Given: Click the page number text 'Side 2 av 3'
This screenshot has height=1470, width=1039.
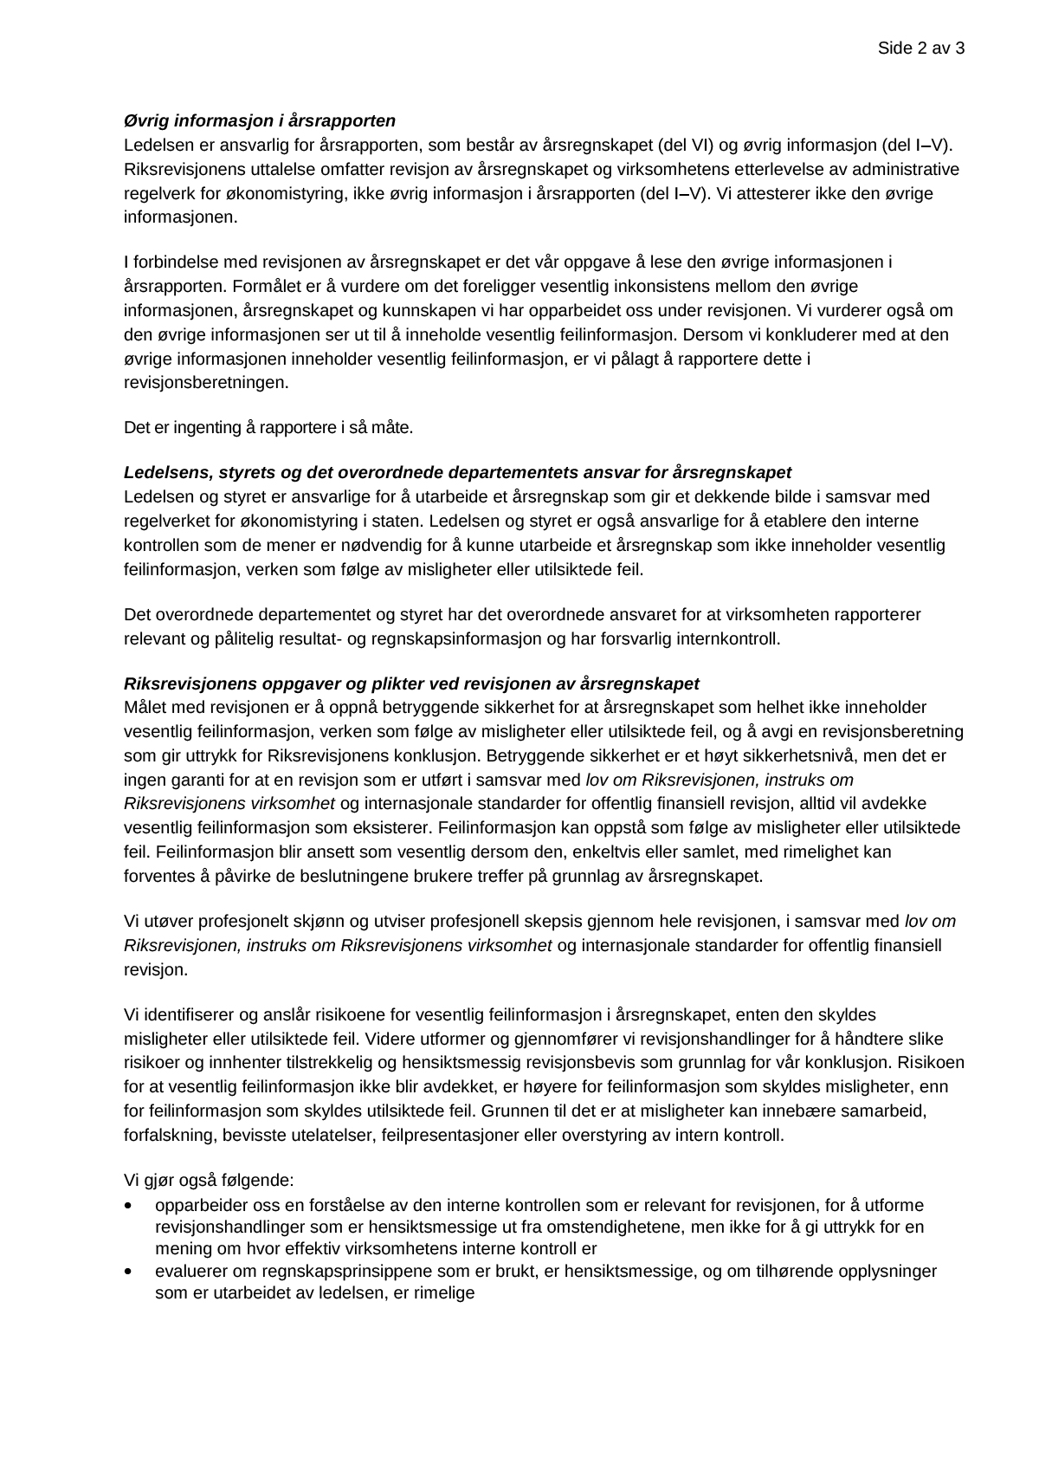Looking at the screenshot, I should [920, 49].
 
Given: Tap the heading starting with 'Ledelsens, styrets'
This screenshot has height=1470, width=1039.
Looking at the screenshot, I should [457, 473].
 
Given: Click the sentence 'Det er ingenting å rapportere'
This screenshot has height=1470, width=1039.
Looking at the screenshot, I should [268, 428].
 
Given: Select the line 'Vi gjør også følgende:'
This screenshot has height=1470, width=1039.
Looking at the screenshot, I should [209, 1180].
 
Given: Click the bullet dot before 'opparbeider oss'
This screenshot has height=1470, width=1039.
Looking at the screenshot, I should [130, 1206].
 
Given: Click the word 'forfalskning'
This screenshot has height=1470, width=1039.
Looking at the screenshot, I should [166, 1135].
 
